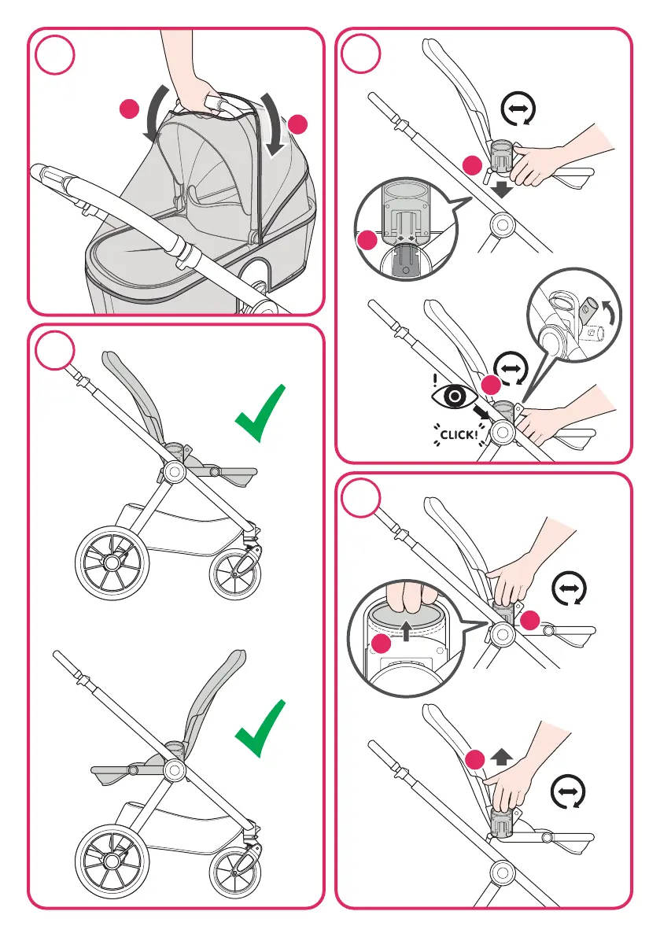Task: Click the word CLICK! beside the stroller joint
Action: [x=459, y=434]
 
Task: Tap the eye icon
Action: [x=455, y=396]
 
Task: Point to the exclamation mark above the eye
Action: [x=436, y=378]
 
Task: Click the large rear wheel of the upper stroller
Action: [x=112, y=562]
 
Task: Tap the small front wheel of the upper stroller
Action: [x=235, y=575]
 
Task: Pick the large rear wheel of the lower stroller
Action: [x=112, y=861]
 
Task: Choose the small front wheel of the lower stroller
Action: [x=235, y=873]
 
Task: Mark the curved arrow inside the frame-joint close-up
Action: [x=611, y=315]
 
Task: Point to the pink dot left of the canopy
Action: [x=129, y=109]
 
